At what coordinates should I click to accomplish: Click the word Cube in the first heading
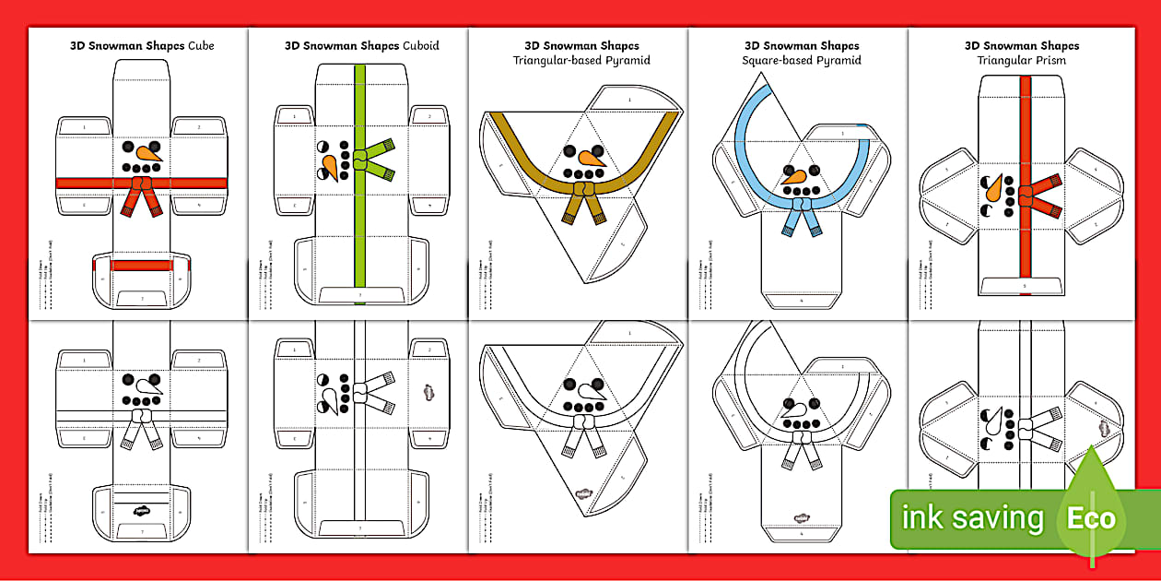coord(200,45)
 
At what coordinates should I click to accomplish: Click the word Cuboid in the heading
coord(422,45)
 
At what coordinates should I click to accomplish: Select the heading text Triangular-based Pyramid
coord(581,61)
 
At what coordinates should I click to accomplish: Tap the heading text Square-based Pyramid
coord(802,61)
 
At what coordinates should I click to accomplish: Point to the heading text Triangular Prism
coord(1022,61)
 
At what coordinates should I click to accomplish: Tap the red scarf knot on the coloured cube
coord(141,184)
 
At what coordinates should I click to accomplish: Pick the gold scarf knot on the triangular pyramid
coord(581,190)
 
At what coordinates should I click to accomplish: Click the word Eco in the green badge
coord(1091,518)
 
